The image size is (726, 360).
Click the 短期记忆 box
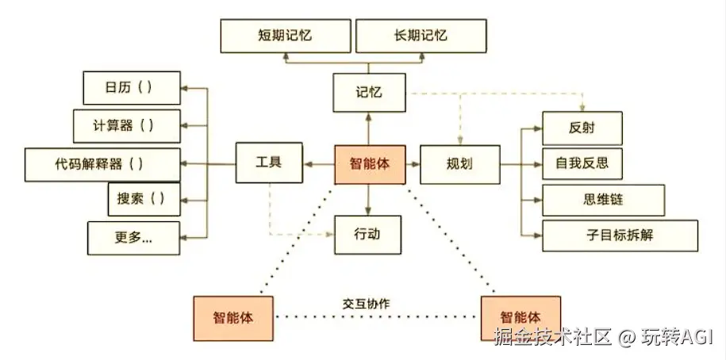[285, 36]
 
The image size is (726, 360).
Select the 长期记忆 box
[421, 36]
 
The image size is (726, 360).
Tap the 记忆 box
[368, 92]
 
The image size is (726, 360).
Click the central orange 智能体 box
[368, 165]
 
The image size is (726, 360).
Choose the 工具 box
[270, 164]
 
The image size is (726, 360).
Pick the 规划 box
[459, 164]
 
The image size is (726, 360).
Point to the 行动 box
[368, 235]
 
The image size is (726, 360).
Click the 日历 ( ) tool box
[131, 87]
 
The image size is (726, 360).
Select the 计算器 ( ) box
[125, 125]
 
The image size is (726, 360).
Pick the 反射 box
[582, 128]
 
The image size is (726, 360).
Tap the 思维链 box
[591, 200]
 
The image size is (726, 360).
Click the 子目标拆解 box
[620, 236]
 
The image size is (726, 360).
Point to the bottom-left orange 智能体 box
[232, 317]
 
